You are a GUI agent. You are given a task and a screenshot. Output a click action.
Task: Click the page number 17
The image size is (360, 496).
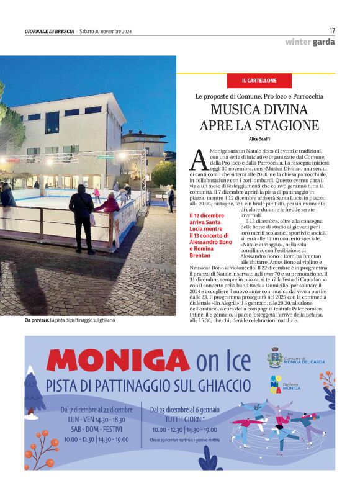[x=332, y=30]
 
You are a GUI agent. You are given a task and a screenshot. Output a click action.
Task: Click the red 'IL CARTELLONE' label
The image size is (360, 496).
[x=259, y=81]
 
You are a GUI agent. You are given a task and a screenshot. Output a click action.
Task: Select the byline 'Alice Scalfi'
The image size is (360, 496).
[x=259, y=139]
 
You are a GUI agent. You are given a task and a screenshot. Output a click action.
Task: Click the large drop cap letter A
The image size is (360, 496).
[x=197, y=160]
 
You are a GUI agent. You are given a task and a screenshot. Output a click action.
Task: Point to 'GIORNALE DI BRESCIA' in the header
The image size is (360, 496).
[x=49, y=31]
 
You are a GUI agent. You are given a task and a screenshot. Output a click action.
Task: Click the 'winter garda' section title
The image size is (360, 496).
[x=310, y=42]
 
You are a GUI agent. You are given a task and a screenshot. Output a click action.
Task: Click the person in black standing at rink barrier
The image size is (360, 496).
[x=82, y=217]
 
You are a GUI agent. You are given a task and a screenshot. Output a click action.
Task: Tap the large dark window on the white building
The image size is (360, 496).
[x=52, y=122]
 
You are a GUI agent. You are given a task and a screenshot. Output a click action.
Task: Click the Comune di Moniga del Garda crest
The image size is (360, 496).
[x=275, y=358]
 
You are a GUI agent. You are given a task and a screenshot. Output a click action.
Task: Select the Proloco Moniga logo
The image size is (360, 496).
[x=276, y=385]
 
